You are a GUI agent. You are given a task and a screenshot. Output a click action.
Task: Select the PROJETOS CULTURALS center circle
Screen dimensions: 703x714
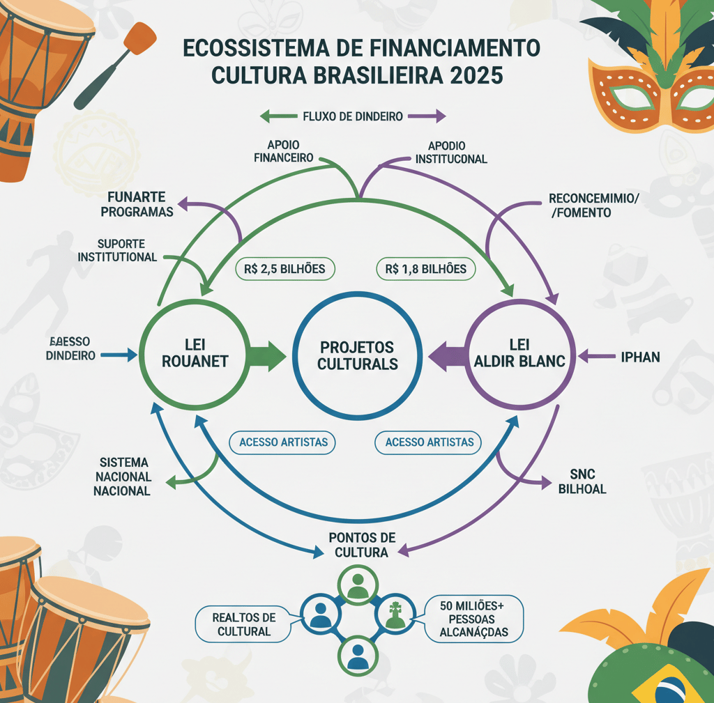pyautogui.click(x=356, y=355)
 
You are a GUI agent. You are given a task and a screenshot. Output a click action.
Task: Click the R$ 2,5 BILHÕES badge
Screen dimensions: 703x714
pyautogui.click(x=285, y=268)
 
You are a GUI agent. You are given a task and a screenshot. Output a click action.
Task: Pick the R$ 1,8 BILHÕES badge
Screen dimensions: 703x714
pyautogui.click(x=425, y=268)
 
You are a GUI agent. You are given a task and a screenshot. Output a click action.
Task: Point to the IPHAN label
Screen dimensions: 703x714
pyautogui.click(x=639, y=357)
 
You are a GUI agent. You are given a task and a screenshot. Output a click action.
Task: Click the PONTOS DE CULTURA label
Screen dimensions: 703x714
pyautogui.click(x=362, y=544)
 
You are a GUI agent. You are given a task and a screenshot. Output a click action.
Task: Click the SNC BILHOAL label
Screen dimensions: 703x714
pyautogui.click(x=582, y=481)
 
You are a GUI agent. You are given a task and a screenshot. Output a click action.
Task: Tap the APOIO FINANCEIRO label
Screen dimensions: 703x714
pyautogui.click(x=283, y=151)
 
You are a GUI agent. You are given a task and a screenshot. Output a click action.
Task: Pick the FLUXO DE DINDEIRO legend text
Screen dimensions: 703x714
pyautogui.click(x=353, y=116)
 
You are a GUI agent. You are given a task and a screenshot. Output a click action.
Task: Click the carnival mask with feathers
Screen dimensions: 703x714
pyautogui.click(x=652, y=77)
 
